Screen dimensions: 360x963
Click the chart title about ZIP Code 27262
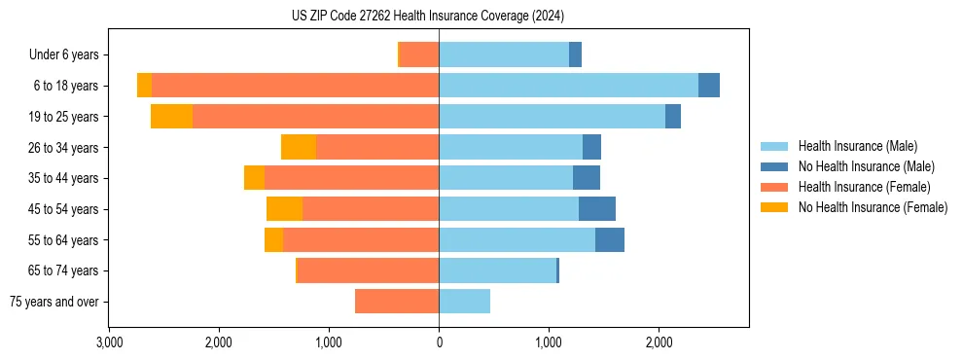427,16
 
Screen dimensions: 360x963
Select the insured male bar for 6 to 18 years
568,86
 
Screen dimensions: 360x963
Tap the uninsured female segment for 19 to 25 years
171,117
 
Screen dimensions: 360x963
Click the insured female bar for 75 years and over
397,302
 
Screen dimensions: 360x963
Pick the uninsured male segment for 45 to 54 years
596,209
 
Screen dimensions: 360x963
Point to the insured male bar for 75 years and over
464,302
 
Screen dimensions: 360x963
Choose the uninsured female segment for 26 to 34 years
299,147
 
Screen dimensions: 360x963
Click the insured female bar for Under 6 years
418,54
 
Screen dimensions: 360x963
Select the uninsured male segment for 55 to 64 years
609,239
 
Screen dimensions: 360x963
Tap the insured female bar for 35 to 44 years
351,178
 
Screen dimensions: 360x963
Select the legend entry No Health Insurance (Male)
866,166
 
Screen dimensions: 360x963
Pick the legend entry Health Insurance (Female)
864,187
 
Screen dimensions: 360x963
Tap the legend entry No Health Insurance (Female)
873,207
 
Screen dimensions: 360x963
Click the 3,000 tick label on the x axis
109,342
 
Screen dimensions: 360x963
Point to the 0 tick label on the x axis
439,342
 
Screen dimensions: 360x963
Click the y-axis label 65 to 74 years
63,270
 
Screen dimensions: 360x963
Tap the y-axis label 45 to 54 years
63,209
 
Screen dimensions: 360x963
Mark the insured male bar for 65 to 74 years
497,270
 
